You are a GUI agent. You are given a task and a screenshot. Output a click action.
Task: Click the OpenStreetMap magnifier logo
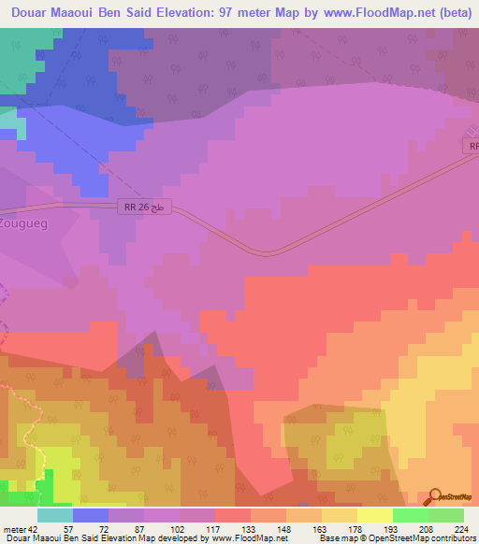[x=435, y=496]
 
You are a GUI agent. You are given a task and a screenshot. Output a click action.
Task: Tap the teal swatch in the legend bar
[x=55, y=515]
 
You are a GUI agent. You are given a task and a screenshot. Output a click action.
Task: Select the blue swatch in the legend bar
[x=91, y=515]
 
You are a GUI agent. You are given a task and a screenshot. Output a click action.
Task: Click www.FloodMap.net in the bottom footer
[x=251, y=538]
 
